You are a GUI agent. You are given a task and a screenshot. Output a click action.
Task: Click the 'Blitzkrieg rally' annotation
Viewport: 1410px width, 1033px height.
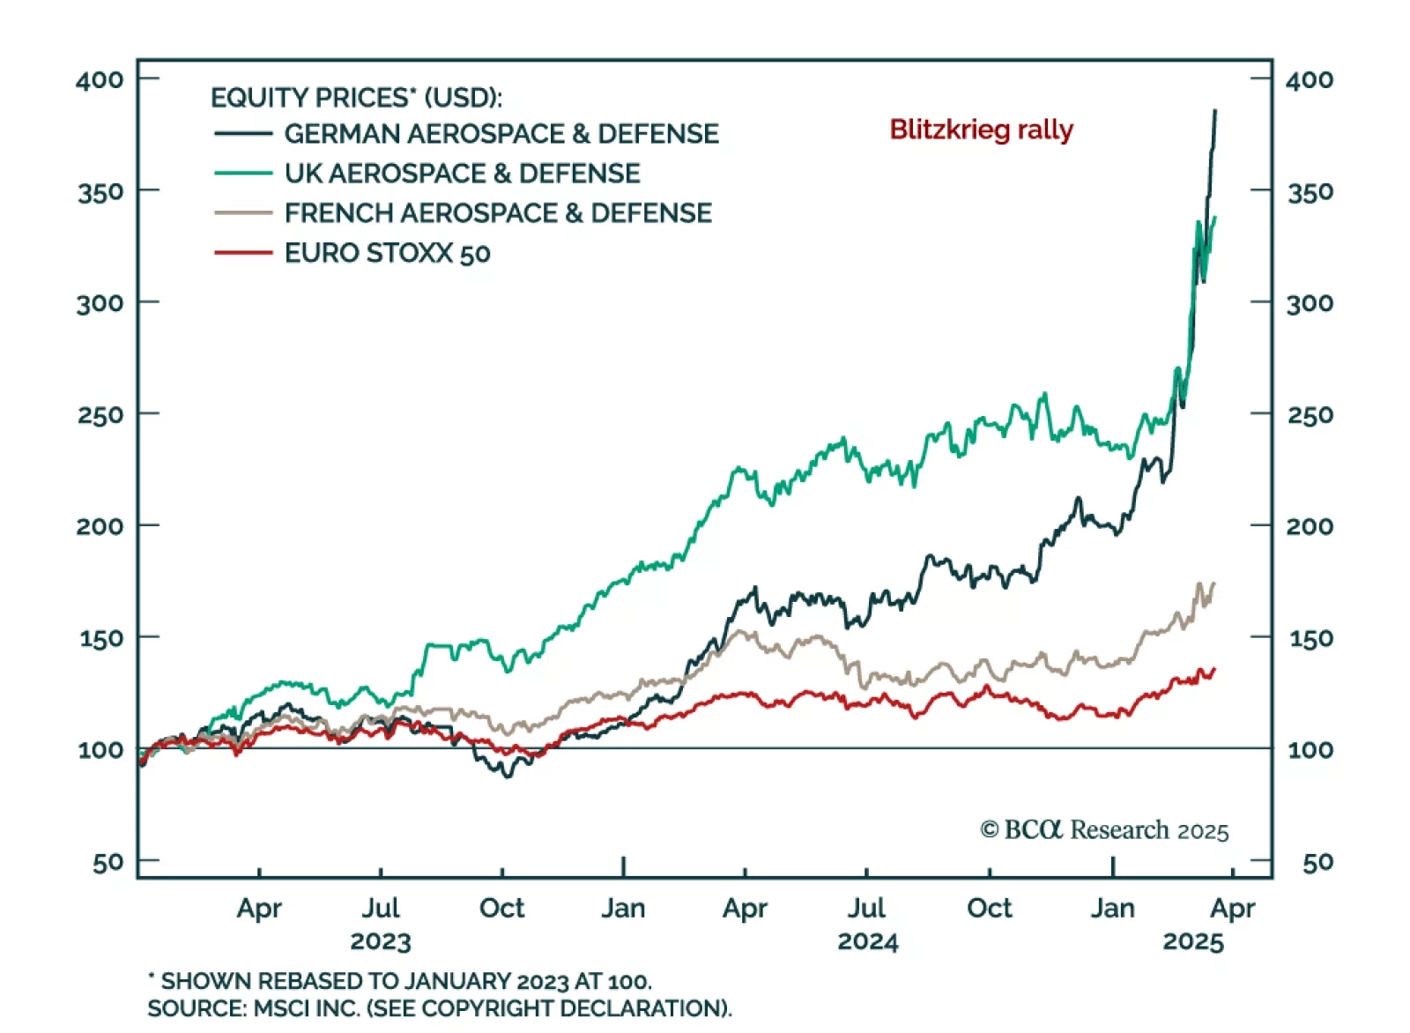981,130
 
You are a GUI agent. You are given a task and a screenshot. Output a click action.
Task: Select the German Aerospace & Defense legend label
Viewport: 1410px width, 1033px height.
501,134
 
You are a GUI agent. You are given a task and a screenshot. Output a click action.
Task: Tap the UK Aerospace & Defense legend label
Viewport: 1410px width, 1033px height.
462,174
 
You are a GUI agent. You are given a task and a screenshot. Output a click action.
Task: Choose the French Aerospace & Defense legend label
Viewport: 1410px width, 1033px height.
497,213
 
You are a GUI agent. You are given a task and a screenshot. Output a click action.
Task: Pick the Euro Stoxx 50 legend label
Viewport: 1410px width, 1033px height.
387,254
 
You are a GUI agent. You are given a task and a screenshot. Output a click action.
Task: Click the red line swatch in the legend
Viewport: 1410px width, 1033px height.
242,254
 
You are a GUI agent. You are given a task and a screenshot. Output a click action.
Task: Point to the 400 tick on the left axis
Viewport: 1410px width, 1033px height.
100,80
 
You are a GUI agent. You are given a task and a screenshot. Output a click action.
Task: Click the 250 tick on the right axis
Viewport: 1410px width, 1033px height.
1310,414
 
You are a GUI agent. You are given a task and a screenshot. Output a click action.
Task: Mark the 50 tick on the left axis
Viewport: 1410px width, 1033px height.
108,862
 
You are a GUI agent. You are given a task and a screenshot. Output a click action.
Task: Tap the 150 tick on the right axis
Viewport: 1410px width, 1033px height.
1310,638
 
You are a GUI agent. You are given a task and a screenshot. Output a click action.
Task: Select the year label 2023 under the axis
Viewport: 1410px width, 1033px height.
380,941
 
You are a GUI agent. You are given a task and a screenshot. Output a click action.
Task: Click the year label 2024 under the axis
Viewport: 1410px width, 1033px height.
867,941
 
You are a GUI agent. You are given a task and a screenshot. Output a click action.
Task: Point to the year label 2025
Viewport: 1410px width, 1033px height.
1192,941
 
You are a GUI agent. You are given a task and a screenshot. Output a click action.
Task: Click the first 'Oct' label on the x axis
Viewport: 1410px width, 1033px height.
501,908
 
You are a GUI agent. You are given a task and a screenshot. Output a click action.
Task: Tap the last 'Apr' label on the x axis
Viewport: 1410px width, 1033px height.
1232,908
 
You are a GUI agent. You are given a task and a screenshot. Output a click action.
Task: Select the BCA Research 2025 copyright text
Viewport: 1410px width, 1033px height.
1104,830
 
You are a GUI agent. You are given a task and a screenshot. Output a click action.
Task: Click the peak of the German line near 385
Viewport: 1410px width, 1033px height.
1215,111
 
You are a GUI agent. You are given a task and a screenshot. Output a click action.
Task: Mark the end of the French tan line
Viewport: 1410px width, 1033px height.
1214,583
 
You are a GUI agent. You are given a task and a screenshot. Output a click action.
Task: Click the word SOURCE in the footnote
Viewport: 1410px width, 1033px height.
196,1008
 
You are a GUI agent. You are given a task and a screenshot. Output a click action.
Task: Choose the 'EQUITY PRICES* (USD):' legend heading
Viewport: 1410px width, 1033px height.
356,97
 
